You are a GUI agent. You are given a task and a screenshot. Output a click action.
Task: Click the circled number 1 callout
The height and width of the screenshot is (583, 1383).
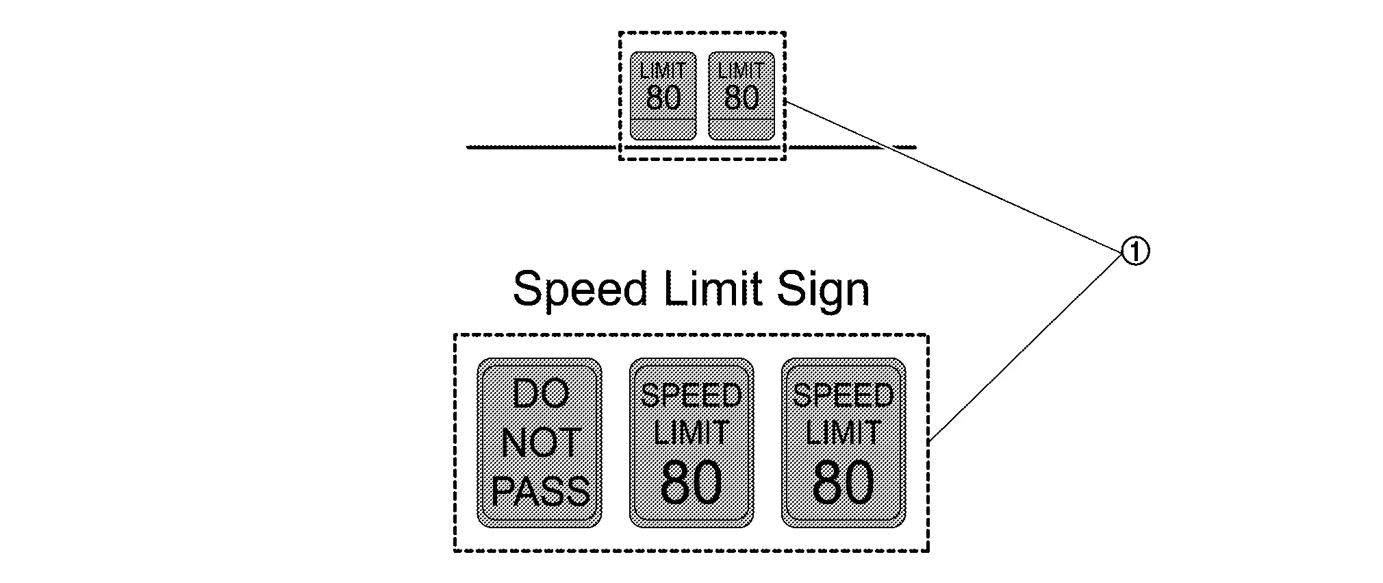(x=1134, y=252)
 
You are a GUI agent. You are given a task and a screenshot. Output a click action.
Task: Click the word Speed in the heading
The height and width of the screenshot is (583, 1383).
(x=579, y=289)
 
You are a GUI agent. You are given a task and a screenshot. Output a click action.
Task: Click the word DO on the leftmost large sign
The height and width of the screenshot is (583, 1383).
(x=540, y=395)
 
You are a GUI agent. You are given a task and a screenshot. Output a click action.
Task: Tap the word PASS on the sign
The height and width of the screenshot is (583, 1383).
(x=540, y=491)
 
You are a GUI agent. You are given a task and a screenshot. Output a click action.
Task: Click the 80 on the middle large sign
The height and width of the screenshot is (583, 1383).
(x=691, y=482)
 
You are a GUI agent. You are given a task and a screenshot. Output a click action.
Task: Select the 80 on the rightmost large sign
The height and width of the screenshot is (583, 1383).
(x=843, y=482)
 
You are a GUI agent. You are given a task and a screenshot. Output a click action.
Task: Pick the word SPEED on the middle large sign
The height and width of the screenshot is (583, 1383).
(x=691, y=395)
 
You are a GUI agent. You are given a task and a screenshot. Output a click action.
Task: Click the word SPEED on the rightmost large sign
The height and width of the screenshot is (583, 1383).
(x=843, y=395)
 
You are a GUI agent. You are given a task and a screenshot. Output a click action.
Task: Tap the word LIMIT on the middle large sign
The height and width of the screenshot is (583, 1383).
(x=691, y=433)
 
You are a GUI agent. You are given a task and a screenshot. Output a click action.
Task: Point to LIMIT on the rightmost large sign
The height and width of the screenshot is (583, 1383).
(x=843, y=433)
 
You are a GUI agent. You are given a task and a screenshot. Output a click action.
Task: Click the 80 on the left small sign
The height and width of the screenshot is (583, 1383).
(x=663, y=97)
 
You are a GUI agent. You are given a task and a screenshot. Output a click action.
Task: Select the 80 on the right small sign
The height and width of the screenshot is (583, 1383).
(x=741, y=97)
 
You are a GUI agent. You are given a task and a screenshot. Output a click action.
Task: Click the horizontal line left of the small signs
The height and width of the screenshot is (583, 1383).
(x=541, y=147)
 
